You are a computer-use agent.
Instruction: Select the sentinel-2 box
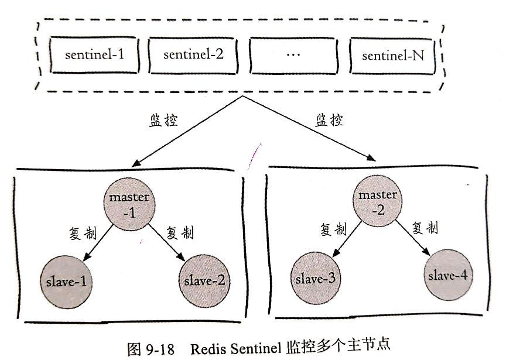[x=193, y=56]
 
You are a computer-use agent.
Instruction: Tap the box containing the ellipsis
[x=294, y=56]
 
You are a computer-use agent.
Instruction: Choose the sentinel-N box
[x=393, y=56]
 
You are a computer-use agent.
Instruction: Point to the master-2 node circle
[x=377, y=201]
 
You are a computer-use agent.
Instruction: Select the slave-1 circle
[x=66, y=282]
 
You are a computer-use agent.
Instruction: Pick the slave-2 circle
[x=202, y=280]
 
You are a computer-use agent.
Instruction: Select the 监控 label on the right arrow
[x=329, y=121]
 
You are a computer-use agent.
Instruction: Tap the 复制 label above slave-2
[x=180, y=232]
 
